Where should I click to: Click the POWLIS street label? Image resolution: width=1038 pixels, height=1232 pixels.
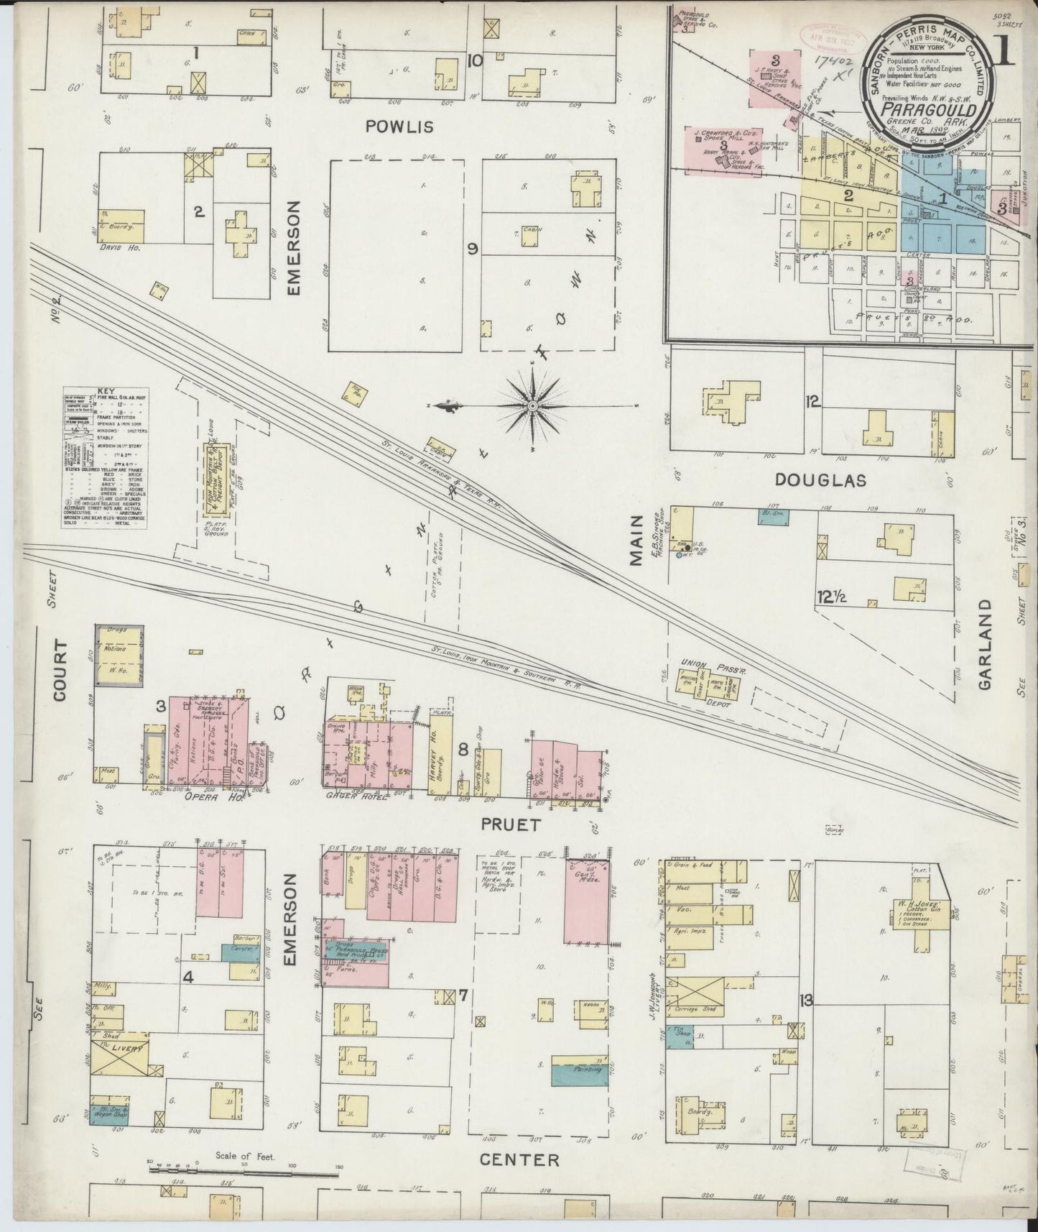tap(399, 127)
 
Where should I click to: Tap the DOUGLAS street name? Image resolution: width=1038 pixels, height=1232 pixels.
tap(820, 480)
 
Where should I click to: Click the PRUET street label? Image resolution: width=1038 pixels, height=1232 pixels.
tap(511, 824)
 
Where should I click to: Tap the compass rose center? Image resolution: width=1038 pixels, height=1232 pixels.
tap(532, 407)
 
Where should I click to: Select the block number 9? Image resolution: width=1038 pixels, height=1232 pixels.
tap(472, 249)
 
